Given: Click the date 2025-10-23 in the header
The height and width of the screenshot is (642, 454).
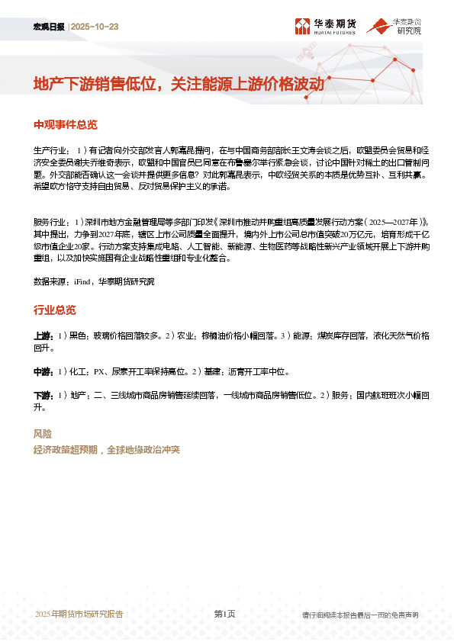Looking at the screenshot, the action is pyautogui.click(x=95, y=27).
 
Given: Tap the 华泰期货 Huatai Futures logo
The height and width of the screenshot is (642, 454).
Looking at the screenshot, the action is pyautogui.click(x=324, y=27).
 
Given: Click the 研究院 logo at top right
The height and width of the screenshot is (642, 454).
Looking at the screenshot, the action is pyautogui.click(x=394, y=27).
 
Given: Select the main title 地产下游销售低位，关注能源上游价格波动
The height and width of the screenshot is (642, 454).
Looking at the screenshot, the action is pyautogui.click(x=179, y=85).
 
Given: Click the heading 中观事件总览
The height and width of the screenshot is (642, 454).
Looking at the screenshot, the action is pyautogui.click(x=66, y=125).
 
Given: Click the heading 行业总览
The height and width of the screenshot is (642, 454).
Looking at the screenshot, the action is pyautogui.click(x=55, y=310).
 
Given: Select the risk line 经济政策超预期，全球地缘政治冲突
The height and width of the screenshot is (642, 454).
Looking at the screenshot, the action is pyautogui.click(x=106, y=450).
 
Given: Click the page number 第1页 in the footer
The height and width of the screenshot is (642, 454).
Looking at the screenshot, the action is pyautogui.click(x=224, y=614).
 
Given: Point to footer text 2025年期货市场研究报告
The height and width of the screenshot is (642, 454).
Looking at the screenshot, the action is pyautogui.click(x=79, y=614).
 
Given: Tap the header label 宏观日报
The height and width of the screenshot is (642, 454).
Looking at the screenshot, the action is pyautogui.click(x=49, y=27).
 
